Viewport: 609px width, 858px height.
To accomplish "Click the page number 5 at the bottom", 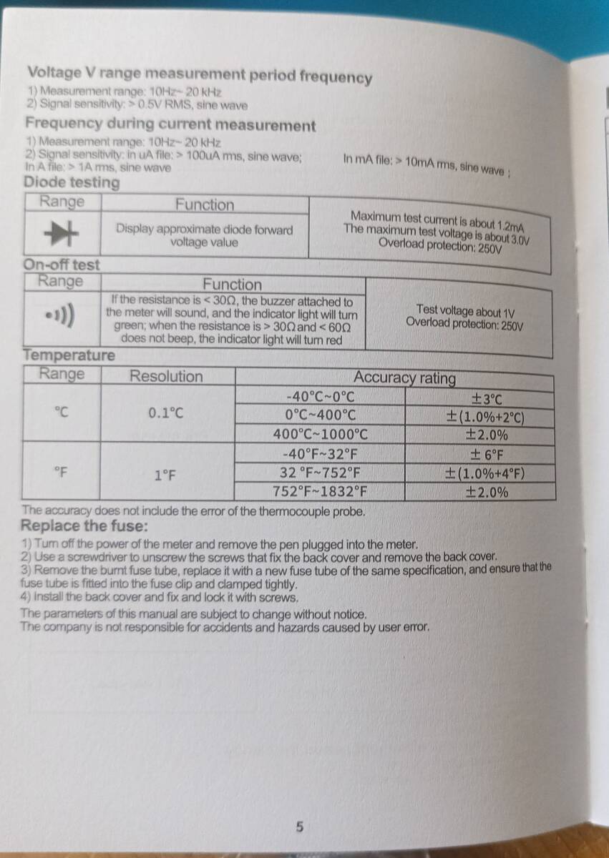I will tap(299, 827).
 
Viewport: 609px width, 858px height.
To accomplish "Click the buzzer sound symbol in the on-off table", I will tap(62, 315).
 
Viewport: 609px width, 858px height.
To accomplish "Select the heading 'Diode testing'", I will tap(72, 182).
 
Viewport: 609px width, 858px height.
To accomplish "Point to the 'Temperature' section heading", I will tap(69, 355).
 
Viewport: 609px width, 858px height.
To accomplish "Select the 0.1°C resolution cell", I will tap(166, 413).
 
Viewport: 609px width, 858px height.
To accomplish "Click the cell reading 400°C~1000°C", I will tap(320, 434).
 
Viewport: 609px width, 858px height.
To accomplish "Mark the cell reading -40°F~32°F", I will tap(320, 454).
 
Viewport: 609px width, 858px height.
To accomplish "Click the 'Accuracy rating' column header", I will tap(404, 378).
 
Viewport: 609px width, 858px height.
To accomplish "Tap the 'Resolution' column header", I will tap(166, 376).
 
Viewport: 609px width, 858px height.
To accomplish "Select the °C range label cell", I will tap(62, 413).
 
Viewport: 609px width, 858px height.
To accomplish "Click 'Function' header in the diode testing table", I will tap(205, 204).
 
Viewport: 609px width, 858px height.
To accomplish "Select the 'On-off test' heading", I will tap(62, 265).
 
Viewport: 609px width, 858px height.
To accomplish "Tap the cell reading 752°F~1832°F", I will tap(320, 491).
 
